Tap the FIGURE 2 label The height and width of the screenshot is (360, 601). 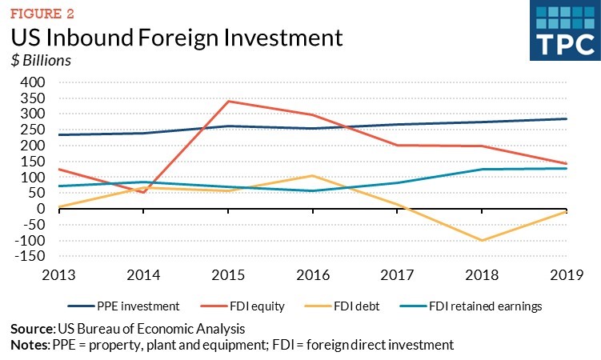[x=41, y=10]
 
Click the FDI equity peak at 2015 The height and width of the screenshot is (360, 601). [x=229, y=101]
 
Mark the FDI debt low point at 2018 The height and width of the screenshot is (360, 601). [x=483, y=240]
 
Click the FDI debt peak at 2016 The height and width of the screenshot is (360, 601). [x=314, y=175]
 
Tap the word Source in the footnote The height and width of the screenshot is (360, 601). [x=30, y=330]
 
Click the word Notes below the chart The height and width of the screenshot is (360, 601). [x=29, y=345]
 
